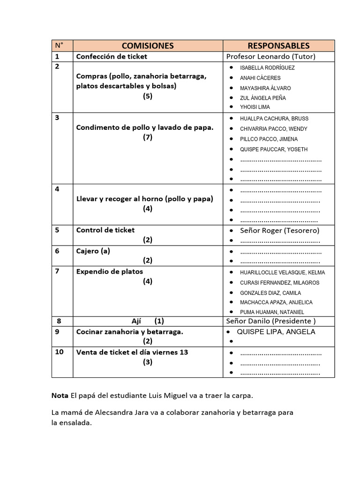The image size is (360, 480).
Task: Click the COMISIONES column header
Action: click(148, 45)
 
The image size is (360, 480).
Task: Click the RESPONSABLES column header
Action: click(278, 45)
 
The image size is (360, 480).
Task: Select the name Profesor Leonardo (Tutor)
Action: click(271, 57)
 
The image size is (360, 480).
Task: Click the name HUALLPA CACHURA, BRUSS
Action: click(274, 119)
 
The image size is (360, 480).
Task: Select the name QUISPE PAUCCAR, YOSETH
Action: click(274, 150)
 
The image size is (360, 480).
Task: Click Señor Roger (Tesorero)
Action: click(279, 231)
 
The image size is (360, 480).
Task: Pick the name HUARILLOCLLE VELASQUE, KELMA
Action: click(282, 272)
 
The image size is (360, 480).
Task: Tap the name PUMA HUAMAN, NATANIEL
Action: click(272, 312)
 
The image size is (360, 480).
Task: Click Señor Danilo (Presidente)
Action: click(271, 321)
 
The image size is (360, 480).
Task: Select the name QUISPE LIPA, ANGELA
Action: click(276, 332)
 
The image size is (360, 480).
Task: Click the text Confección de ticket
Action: click(112, 57)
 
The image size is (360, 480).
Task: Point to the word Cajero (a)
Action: click(93, 251)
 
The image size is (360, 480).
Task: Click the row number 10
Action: click(59, 352)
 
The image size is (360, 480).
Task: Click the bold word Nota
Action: click(60, 396)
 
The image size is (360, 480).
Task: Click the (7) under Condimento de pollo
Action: click(148, 137)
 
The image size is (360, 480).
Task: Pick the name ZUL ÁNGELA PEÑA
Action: click(262, 98)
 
